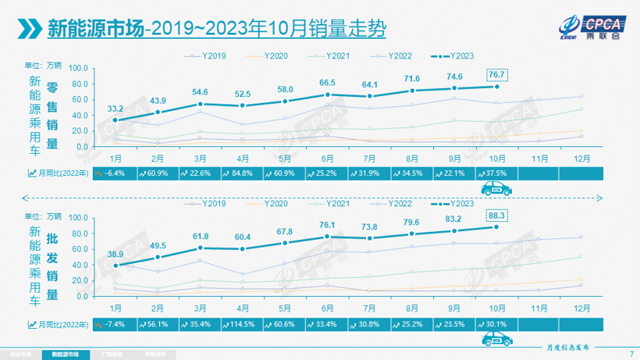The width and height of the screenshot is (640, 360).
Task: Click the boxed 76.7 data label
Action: click(496, 74)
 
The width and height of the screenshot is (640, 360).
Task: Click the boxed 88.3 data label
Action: click(496, 214)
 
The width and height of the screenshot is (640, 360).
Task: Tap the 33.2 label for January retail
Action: click(115, 108)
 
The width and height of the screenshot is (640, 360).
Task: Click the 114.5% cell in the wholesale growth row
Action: click(242, 324)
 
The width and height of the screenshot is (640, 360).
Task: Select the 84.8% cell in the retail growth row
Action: click(242, 173)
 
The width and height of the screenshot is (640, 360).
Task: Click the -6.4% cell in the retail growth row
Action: click(115, 173)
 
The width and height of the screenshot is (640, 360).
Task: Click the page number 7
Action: click(631, 354)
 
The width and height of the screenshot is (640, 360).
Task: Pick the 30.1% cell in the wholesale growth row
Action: click(496, 324)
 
